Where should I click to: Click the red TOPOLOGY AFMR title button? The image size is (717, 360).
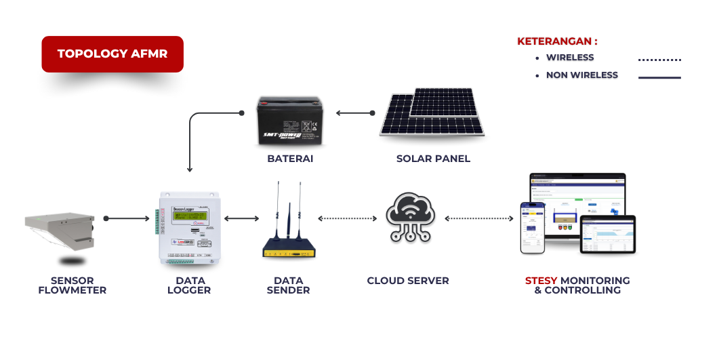point(112,54)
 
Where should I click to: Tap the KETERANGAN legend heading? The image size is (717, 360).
point(557,41)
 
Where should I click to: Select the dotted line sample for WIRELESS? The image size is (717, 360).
point(659,60)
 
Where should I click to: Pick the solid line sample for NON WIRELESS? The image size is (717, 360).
point(659,78)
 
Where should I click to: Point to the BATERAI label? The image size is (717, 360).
point(289,159)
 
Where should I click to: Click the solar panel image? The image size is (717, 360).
point(432,114)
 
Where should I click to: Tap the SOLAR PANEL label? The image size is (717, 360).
point(433,159)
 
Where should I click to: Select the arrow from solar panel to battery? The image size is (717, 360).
point(354,113)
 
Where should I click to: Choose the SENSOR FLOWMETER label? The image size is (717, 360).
point(72,285)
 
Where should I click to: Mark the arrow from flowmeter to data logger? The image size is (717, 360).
point(127,218)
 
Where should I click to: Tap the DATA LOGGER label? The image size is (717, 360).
point(190,285)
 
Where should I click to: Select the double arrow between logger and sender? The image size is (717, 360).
point(241,218)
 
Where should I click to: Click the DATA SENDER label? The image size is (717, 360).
point(289,285)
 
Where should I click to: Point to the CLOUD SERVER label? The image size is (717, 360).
point(408,281)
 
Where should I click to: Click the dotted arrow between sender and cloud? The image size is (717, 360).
point(347,218)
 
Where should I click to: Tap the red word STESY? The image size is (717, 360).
point(541,281)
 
